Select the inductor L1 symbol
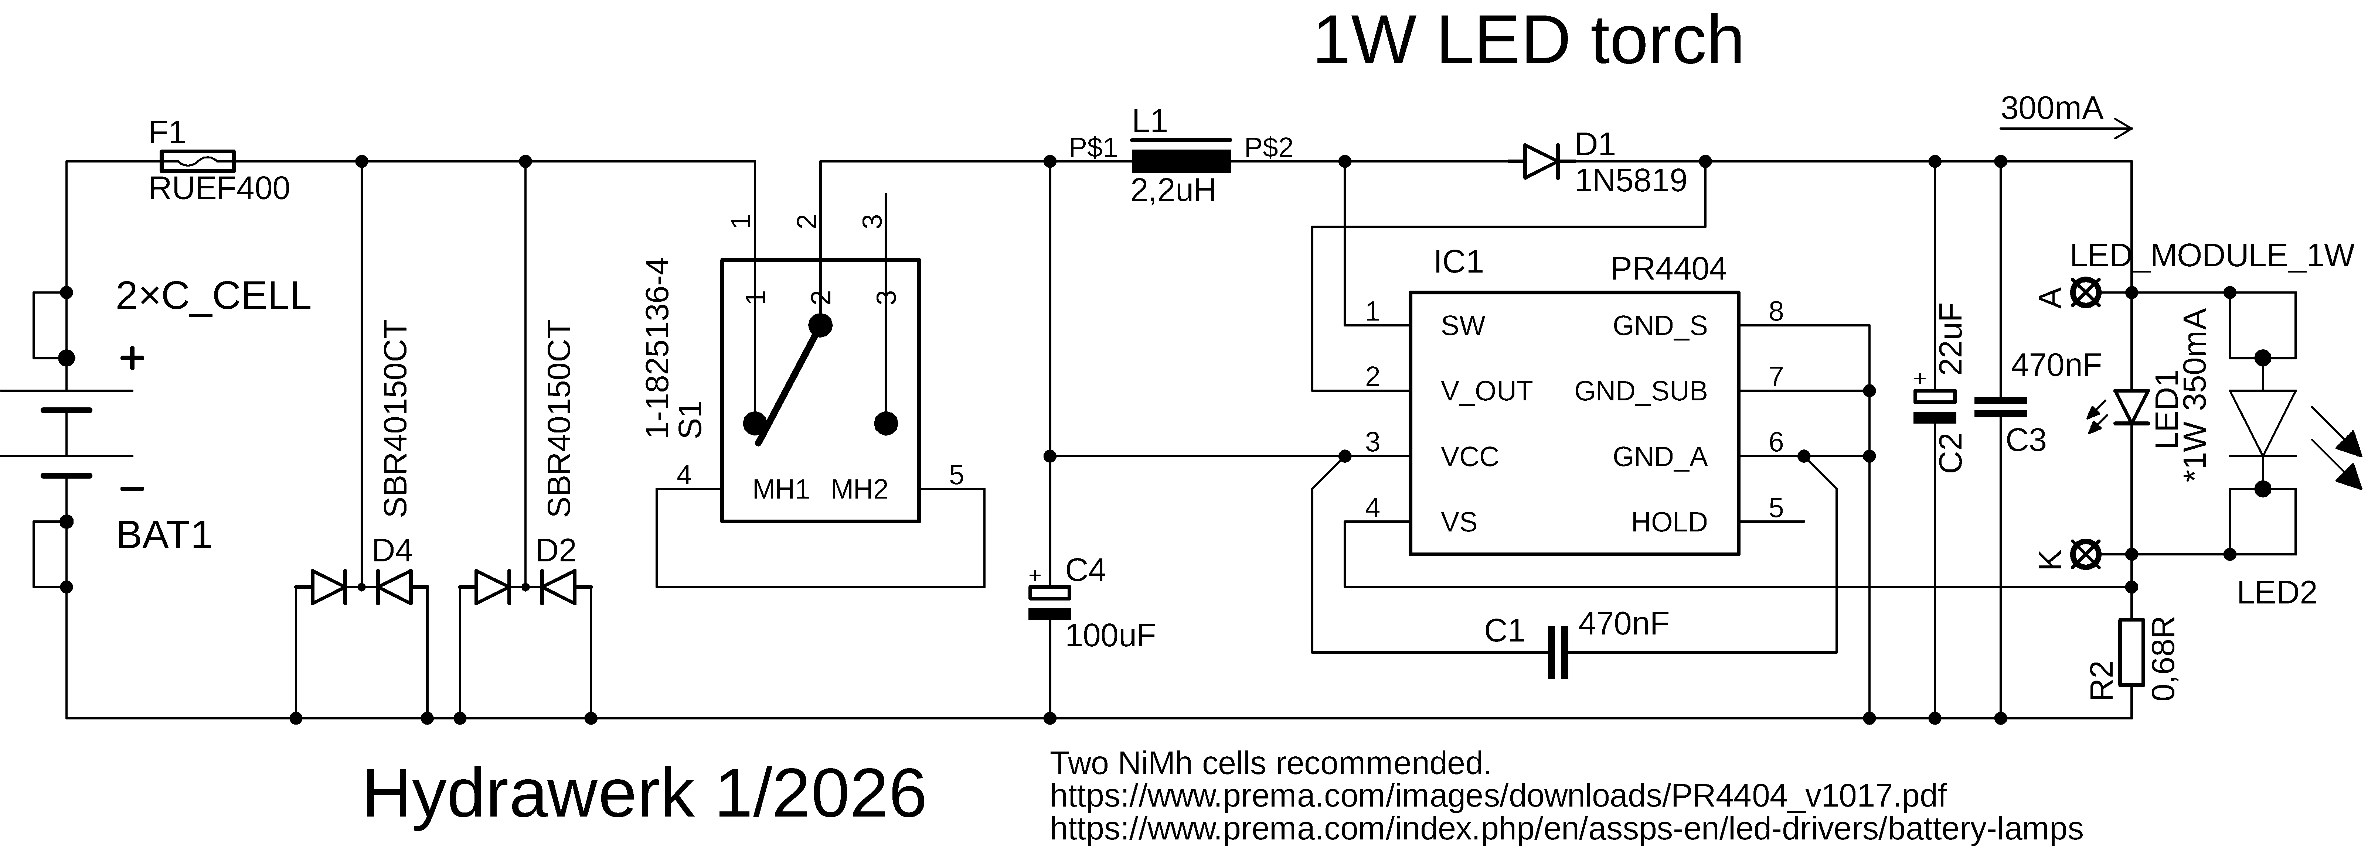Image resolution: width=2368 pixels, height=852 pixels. pos(1180,162)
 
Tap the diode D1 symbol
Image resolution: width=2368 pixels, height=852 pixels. pos(1542,162)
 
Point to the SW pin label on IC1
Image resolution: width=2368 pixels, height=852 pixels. pos(1463,326)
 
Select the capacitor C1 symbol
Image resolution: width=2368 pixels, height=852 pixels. pos(1558,653)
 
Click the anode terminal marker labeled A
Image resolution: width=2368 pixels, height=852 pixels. pos(2086,293)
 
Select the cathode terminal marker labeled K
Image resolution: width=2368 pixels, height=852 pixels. pos(2086,554)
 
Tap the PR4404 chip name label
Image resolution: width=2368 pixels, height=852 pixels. pos(1667,269)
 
